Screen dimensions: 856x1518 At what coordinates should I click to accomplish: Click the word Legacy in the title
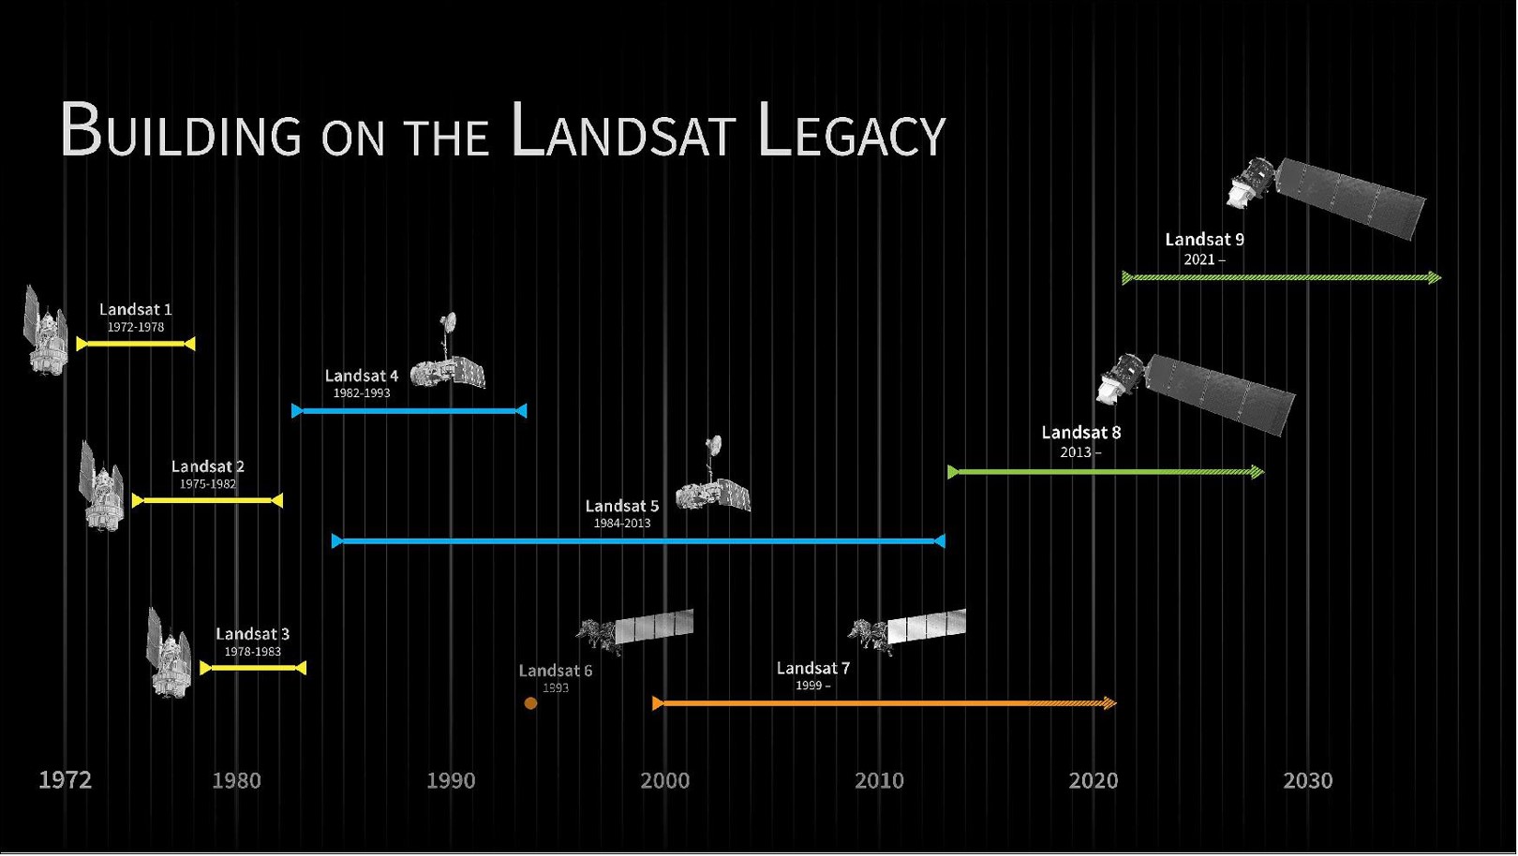pos(851,133)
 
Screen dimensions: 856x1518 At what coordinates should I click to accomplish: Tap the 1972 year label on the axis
pos(65,780)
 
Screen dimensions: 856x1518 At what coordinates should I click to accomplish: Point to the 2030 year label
pos(1307,780)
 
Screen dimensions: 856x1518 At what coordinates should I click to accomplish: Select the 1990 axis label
pos(451,780)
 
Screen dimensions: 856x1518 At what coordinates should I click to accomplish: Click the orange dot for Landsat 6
pos(530,703)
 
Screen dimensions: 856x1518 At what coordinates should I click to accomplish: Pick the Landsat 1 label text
pos(135,309)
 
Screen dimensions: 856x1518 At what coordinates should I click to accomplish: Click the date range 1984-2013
pos(621,524)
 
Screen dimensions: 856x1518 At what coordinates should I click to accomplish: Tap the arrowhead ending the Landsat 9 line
pos(1435,277)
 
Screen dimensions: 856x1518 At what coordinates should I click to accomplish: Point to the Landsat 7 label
pos(812,668)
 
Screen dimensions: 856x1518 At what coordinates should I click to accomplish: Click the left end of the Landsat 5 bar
pos(337,541)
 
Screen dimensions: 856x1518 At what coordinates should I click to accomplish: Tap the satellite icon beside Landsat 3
pos(169,652)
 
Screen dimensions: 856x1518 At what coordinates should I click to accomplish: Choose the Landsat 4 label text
pos(361,376)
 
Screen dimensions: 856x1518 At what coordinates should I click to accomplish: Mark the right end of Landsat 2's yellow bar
pos(277,501)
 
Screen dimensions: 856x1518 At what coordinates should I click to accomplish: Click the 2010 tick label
pos(879,780)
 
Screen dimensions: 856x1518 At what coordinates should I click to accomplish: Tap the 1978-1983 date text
pos(252,652)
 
